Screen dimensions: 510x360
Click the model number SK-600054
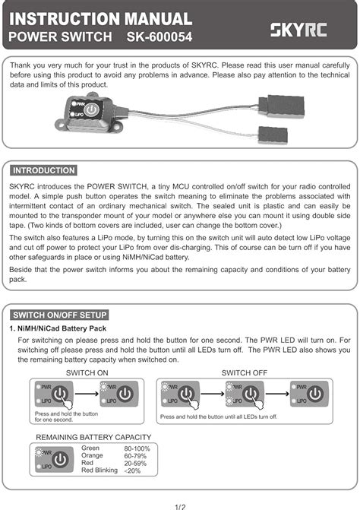[x=156, y=36]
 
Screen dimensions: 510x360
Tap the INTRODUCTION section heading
[x=44, y=170]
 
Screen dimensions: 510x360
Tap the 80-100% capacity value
[x=137, y=449]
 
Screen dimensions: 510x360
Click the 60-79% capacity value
[x=135, y=456]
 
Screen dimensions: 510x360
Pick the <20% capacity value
[x=131, y=471]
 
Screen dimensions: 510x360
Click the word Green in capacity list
[x=90, y=448]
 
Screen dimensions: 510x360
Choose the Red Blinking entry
[x=99, y=470]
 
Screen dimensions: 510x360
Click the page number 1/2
[x=180, y=505]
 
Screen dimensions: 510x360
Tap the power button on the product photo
[x=90, y=110]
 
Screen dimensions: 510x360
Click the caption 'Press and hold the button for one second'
[x=67, y=416]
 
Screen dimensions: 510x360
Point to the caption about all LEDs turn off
[x=219, y=417]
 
